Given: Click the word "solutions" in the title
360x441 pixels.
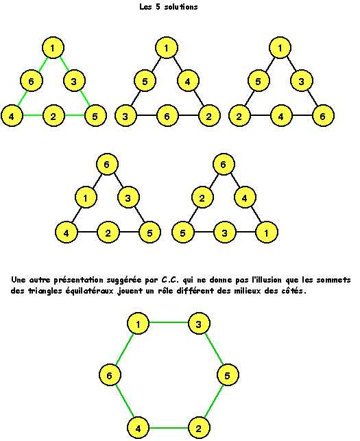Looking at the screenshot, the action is [x=181, y=7].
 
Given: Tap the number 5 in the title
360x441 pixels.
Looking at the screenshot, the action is [x=158, y=7].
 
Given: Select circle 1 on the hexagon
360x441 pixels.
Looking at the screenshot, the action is [x=138, y=324].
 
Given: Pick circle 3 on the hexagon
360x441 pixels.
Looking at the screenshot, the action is [x=199, y=324].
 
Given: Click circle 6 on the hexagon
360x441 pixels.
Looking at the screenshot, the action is [x=110, y=375].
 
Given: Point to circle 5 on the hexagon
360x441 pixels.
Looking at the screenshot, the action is [x=228, y=375].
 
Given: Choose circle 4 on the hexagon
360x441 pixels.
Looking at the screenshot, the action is [x=138, y=428].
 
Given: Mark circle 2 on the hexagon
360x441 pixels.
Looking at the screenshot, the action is [x=199, y=428].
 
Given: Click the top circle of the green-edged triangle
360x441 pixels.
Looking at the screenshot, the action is [x=53, y=48].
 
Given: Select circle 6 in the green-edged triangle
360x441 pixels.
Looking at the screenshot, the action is [x=32, y=81].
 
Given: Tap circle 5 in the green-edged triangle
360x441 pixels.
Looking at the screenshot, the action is [x=95, y=116].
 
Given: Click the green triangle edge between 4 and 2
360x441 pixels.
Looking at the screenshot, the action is [x=33, y=115].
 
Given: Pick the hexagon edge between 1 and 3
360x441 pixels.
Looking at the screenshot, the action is [x=169, y=322].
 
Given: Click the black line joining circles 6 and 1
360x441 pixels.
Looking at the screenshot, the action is [x=97, y=181].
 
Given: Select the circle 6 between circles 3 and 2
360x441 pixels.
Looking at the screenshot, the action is [x=167, y=116].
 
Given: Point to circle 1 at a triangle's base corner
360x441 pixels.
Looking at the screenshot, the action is [x=267, y=233].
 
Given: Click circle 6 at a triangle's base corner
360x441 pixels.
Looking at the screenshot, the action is [x=323, y=116].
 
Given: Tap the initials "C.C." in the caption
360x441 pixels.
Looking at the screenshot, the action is [x=170, y=280].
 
